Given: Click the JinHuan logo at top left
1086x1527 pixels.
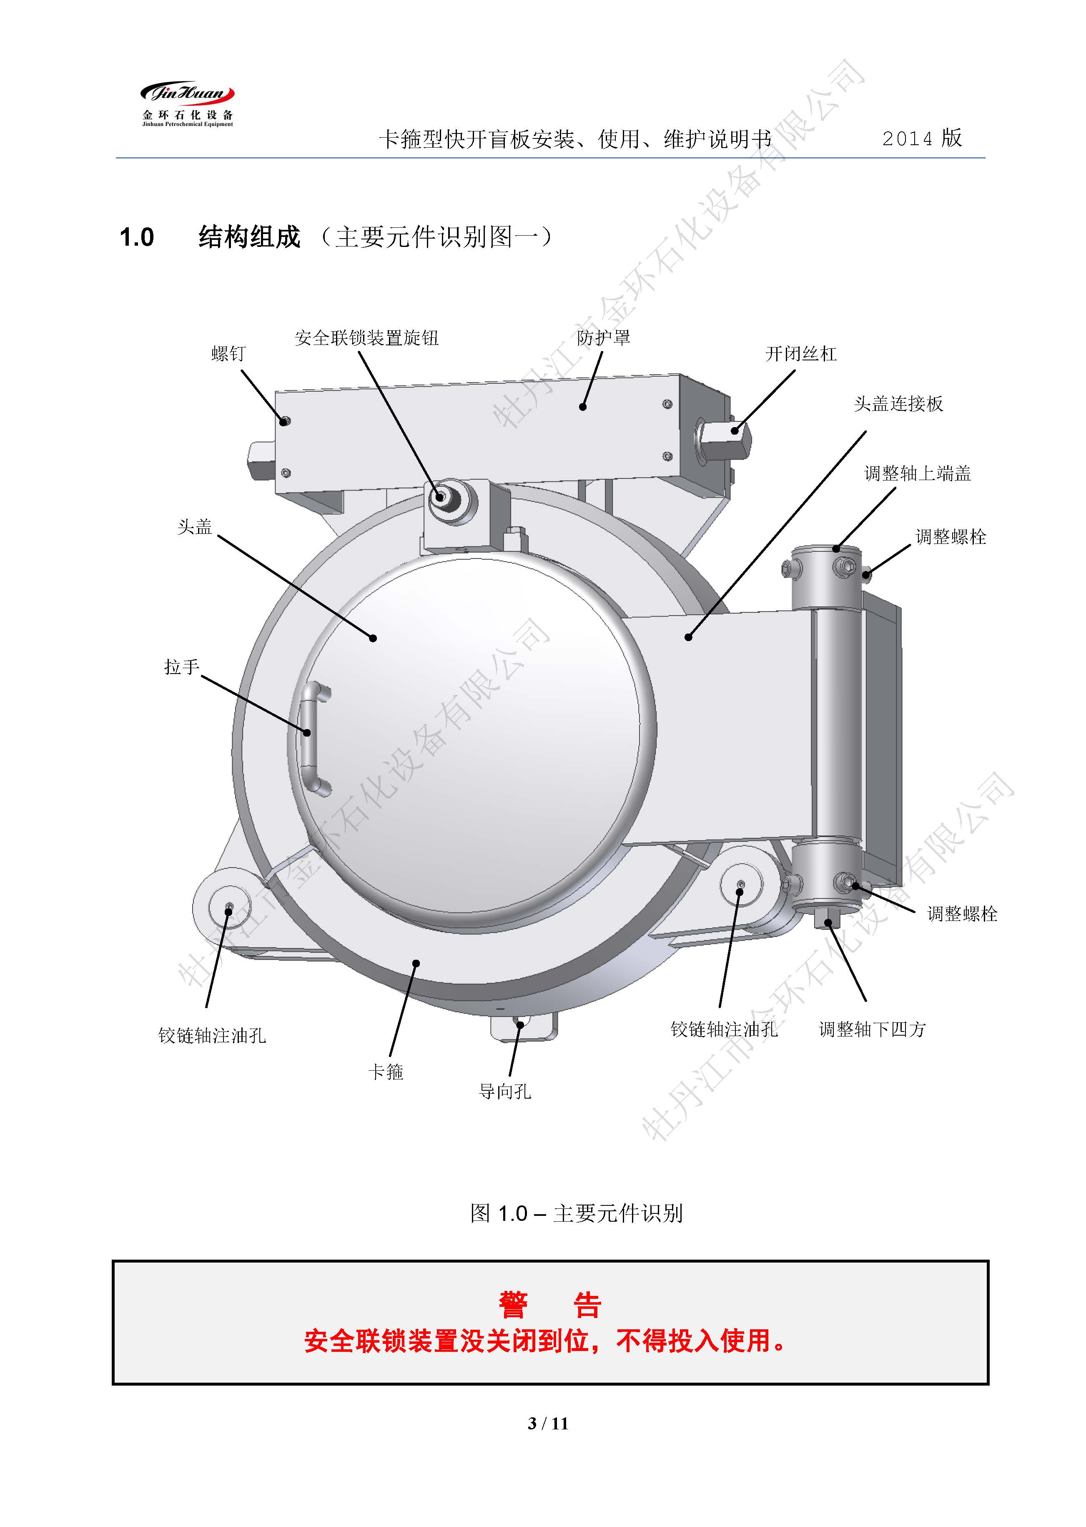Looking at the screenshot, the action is pos(187,104).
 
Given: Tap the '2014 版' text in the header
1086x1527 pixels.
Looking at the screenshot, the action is pos(921,138).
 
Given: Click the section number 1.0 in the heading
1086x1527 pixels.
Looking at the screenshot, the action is pos(136,237).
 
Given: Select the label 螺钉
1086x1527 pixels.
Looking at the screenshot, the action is pos(229,353).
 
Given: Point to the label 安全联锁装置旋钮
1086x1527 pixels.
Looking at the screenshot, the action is pos(366,338).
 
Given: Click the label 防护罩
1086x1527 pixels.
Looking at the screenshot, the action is pos(603,338).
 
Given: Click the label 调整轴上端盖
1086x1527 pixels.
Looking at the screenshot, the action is pos(918,473).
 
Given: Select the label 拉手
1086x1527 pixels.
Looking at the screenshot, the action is pos(182,667).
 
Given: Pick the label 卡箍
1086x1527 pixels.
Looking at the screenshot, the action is pos(386,1072).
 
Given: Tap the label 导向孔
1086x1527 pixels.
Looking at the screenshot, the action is pos(505,1092).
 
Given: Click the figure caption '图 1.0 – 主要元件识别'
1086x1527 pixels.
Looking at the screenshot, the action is pos(577,1213).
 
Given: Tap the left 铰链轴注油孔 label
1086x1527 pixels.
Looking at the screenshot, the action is pos(212,1035).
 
